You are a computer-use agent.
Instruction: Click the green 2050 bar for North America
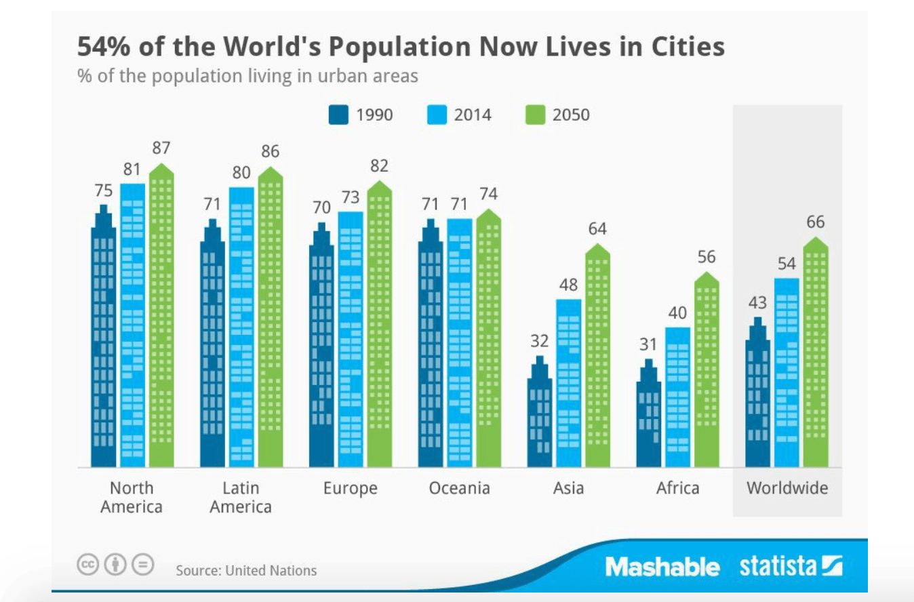click(x=161, y=319)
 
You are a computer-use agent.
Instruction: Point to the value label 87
click(x=161, y=148)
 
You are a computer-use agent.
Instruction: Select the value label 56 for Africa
click(x=707, y=257)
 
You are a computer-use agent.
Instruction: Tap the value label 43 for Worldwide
click(x=757, y=302)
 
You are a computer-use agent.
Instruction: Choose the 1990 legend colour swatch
click(x=338, y=115)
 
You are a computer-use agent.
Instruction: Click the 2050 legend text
click(x=571, y=115)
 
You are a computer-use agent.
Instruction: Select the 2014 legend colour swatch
click(x=437, y=115)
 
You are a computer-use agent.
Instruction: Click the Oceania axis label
click(x=459, y=488)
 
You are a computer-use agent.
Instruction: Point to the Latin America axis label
click(x=241, y=497)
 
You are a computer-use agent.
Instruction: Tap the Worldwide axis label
click(x=787, y=488)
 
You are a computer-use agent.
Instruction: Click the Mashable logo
click(x=662, y=567)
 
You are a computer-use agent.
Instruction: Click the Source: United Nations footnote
click(x=246, y=570)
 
